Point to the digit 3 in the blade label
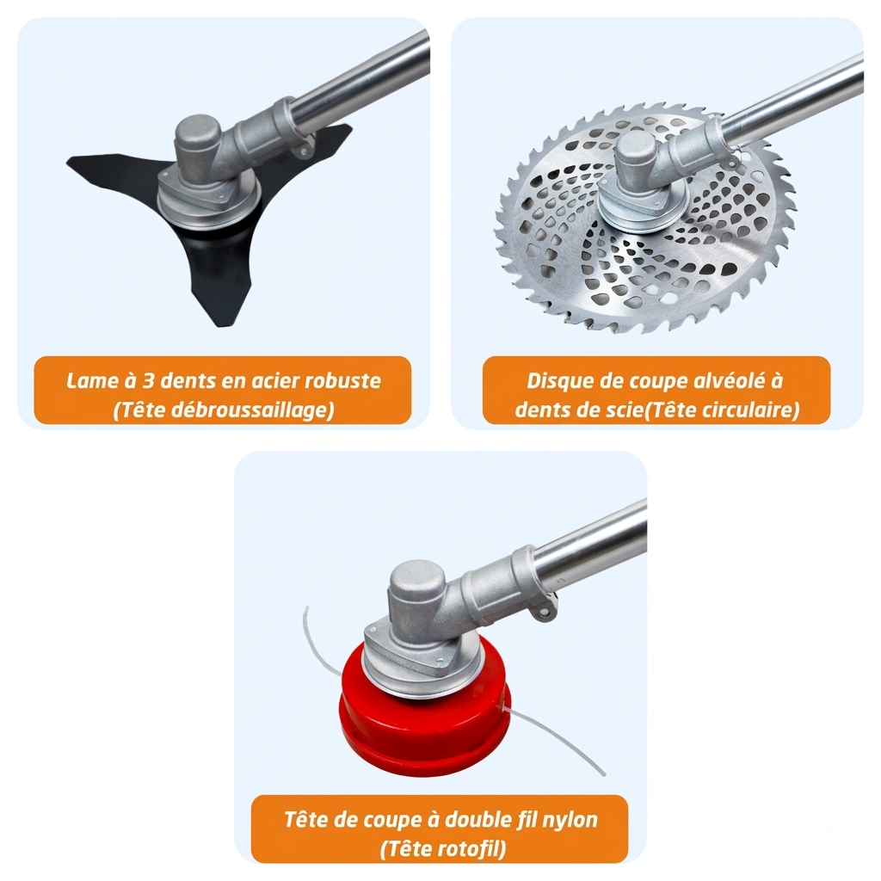click(148, 381)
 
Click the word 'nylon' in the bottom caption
click(570, 820)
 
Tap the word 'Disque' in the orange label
click(558, 381)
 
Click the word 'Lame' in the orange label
click(89, 381)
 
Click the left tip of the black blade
click(68, 162)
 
